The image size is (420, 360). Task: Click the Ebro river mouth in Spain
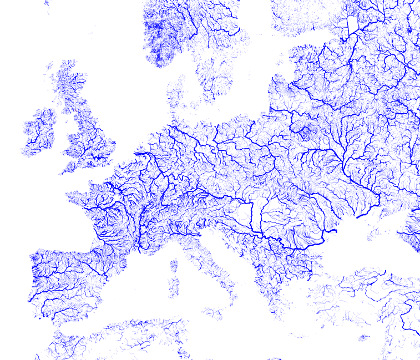coord(109,276)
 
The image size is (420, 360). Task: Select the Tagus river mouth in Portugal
coord(30,300)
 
